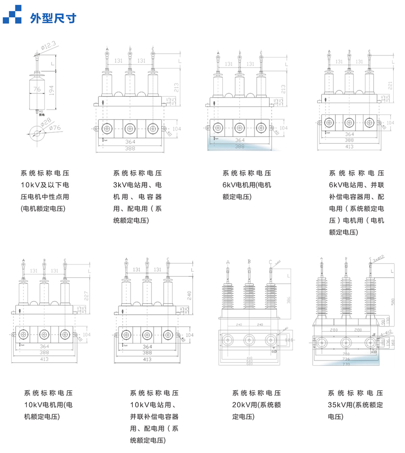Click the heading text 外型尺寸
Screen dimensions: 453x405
pyautogui.click(x=53, y=18)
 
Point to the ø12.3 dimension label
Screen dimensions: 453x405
pyautogui.click(x=47, y=46)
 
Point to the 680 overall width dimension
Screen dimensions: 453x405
pyautogui.click(x=249, y=363)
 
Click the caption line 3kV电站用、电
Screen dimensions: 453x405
pyautogui.click(x=137, y=185)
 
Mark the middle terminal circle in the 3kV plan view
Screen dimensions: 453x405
pyautogui.click(x=130, y=128)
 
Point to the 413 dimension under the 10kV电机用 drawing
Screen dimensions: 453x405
pyautogui.click(x=44, y=359)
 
